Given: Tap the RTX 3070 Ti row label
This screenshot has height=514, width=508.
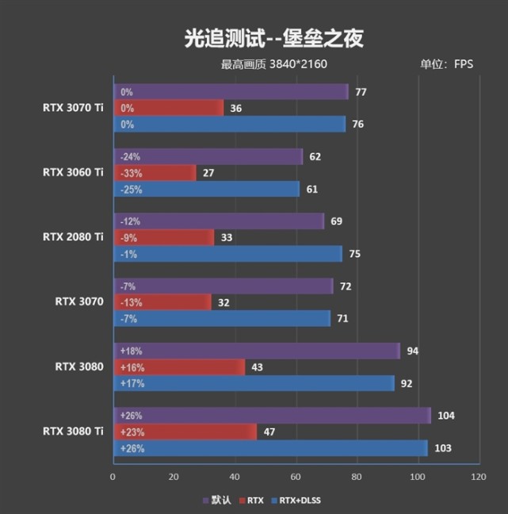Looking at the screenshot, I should (74, 108).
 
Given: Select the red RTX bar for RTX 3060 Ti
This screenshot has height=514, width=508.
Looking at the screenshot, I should (155, 172).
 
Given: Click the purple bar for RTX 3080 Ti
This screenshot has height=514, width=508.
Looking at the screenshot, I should (272, 416).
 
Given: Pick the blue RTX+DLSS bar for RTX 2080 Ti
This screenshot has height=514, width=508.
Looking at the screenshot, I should (227, 254).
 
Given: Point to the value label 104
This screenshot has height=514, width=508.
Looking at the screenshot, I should (446, 416).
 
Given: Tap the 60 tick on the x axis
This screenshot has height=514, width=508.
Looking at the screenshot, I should (296, 477).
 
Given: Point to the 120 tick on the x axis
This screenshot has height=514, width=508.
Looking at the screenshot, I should (478, 477).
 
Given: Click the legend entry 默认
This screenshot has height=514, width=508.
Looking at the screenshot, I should (220, 501).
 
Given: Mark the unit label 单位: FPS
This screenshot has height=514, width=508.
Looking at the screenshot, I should (446, 64).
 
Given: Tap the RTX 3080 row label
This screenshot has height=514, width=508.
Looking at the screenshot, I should (79, 366).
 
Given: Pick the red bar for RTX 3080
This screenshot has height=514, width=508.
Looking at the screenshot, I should (178, 367).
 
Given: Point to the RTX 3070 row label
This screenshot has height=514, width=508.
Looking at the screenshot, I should (79, 301).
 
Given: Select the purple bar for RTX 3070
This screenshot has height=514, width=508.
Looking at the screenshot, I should (223, 286).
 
